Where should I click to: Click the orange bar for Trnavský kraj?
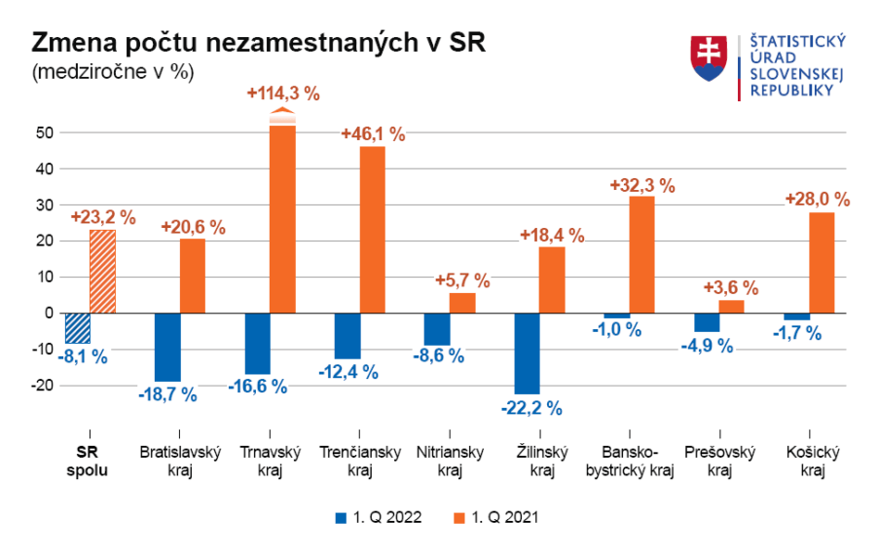pyautogui.click(x=282, y=216)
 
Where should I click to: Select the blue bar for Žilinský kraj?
pyautogui.click(x=527, y=353)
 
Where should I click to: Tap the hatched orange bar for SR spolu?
pyautogui.click(x=102, y=271)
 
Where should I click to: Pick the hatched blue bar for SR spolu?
pyautogui.click(x=77, y=327)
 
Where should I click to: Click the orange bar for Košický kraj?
pyautogui.click(x=822, y=262)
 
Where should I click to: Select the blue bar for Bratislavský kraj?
pyautogui.click(x=167, y=347)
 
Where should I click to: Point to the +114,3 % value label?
pyautogui.click(x=283, y=93)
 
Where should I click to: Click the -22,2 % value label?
pyautogui.click(x=531, y=407)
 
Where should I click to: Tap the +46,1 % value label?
pyautogui.click(x=373, y=134)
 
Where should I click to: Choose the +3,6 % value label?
pyautogui.click(x=731, y=288)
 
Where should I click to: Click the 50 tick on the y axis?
pyautogui.click(x=41, y=132)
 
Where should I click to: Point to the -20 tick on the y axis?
pyautogui.click(x=39, y=386)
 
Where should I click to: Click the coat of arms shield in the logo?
pyautogui.click(x=710, y=58)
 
